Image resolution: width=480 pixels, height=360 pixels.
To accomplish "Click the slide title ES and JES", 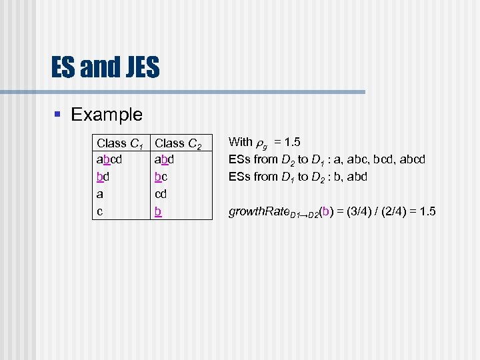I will (105, 67).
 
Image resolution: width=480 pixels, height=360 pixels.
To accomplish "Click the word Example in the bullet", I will (107, 114).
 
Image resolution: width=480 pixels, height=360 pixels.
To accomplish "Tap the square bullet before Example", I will (58, 115).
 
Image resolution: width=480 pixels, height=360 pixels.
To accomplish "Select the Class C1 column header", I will (122, 143).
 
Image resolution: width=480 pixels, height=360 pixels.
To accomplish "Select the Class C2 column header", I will (179, 143).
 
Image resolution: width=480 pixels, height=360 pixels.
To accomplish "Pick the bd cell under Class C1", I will (103, 177).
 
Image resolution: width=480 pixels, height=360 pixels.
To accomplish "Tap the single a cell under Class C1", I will (100, 195).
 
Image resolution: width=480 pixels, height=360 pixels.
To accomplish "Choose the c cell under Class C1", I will (100, 212).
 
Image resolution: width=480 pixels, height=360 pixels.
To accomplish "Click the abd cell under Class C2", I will (164, 160).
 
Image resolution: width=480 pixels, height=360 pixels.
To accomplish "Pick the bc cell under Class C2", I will (161, 177).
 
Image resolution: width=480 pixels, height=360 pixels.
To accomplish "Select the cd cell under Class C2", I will (161, 195).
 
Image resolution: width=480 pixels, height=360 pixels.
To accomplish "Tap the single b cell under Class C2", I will (158, 212).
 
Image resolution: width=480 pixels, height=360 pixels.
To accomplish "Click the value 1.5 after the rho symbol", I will (291, 142).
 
